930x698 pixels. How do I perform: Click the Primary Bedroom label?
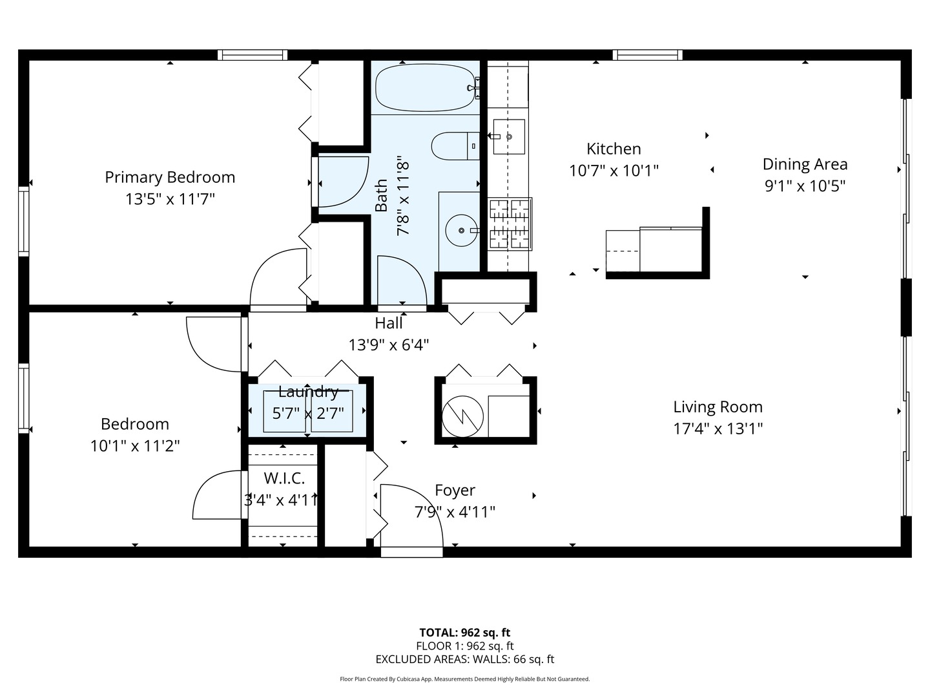(x=170, y=177)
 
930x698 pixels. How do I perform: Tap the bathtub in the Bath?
(x=425, y=88)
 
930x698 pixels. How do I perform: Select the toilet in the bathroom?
(x=455, y=146)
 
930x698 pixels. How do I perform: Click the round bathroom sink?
(x=461, y=231)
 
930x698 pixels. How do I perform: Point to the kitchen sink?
(x=509, y=136)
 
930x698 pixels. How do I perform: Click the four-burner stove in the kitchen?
(x=510, y=224)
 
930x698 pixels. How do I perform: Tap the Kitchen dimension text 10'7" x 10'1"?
(x=614, y=171)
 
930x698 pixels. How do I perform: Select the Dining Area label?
(x=805, y=164)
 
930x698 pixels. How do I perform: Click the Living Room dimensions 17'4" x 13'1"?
(x=718, y=428)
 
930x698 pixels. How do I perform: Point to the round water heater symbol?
(x=462, y=417)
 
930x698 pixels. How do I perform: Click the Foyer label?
(x=455, y=490)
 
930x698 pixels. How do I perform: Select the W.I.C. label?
(x=284, y=478)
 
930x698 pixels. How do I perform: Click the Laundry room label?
(x=308, y=392)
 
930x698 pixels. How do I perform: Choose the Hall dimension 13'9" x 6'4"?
(x=389, y=345)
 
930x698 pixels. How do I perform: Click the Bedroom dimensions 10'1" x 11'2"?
(x=135, y=446)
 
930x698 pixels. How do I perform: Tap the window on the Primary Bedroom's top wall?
(x=253, y=55)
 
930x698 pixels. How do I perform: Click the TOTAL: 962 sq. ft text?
(x=465, y=633)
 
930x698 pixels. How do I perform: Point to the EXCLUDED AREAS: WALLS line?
(x=465, y=659)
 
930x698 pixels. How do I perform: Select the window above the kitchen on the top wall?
(x=647, y=55)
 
